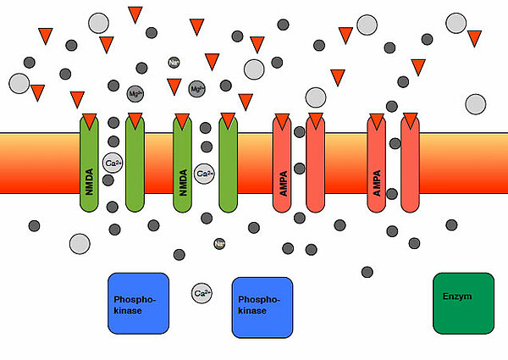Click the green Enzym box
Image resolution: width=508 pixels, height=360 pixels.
tap(463, 302)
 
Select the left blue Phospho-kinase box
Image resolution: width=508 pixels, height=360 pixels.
tap(138, 304)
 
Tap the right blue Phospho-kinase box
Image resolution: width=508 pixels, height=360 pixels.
tap(262, 307)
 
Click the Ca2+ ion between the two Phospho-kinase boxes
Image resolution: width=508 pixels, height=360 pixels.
tap(202, 294)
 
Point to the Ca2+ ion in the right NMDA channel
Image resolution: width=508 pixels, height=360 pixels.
tap(204, 174)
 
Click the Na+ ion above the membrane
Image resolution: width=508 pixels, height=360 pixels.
tap(174, 63)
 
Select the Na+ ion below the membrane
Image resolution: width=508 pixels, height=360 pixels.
tap(219, 244)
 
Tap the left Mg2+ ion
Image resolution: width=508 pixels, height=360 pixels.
tap(135, 93)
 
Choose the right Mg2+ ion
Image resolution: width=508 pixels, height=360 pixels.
tap(196, 89)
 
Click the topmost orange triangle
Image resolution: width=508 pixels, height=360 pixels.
tap(135, 14)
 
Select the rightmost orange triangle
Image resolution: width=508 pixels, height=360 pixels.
tap(475, 38)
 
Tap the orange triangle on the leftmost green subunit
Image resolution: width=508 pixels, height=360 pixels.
tap(89, 119)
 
